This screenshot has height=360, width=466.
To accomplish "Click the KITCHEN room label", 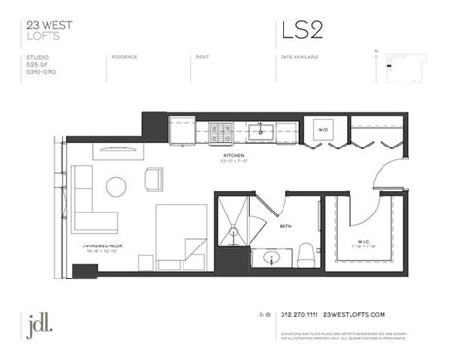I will (x=233, y=155).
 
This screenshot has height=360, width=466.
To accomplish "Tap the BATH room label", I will (x=285, y=226).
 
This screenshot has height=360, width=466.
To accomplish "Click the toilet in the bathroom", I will (x=304, y=253).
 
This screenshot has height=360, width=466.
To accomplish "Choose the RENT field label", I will (x=202, y=57).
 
